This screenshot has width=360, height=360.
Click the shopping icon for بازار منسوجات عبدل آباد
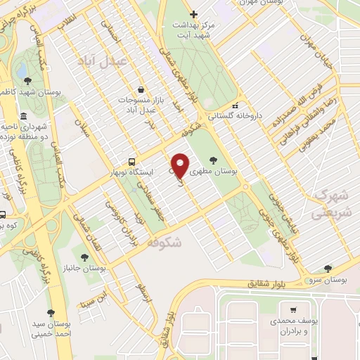pyautogui.click(x=143, y=89)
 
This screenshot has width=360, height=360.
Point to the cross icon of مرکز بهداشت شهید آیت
pyautogui.click(x=194, y=13)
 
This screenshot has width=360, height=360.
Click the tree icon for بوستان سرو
pyautogui.click(x=328, y=268)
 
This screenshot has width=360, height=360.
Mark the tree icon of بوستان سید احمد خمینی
pyautogui.click(x=50, y=313)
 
